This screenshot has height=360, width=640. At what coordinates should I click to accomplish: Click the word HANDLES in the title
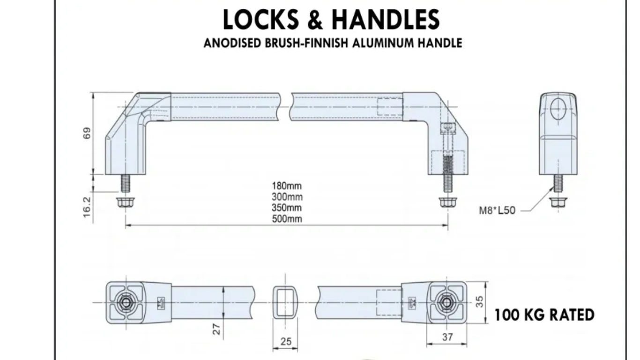tap(386, 20)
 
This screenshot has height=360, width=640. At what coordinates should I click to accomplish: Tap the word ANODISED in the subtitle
tap(232, 43)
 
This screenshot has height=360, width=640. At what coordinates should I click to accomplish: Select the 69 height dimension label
tap(87, 133)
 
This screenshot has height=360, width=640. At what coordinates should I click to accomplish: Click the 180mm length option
tap(287, 186)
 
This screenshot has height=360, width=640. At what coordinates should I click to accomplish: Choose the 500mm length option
tap(287, 219)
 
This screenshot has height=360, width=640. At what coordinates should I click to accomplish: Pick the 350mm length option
tap(287, 208)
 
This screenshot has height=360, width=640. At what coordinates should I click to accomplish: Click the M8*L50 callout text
tap(497, 210)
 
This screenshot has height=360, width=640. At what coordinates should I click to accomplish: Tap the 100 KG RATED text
tap(544, 315)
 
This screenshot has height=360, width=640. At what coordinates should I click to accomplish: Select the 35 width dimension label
tap(479, 302)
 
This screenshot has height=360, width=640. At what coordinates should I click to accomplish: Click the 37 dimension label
tap(447, 337)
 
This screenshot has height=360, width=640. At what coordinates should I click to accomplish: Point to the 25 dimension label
tap(286, 342)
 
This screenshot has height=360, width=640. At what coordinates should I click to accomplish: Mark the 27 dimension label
tap(216, 329)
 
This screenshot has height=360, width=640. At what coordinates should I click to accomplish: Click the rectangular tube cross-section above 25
tap(286, 302)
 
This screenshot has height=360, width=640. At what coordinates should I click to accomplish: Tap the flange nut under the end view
tap(557, 202)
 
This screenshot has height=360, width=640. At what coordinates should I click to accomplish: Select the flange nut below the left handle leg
tap(125, 202)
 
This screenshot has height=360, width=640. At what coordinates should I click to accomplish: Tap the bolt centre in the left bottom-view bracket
tap(126, 302)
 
